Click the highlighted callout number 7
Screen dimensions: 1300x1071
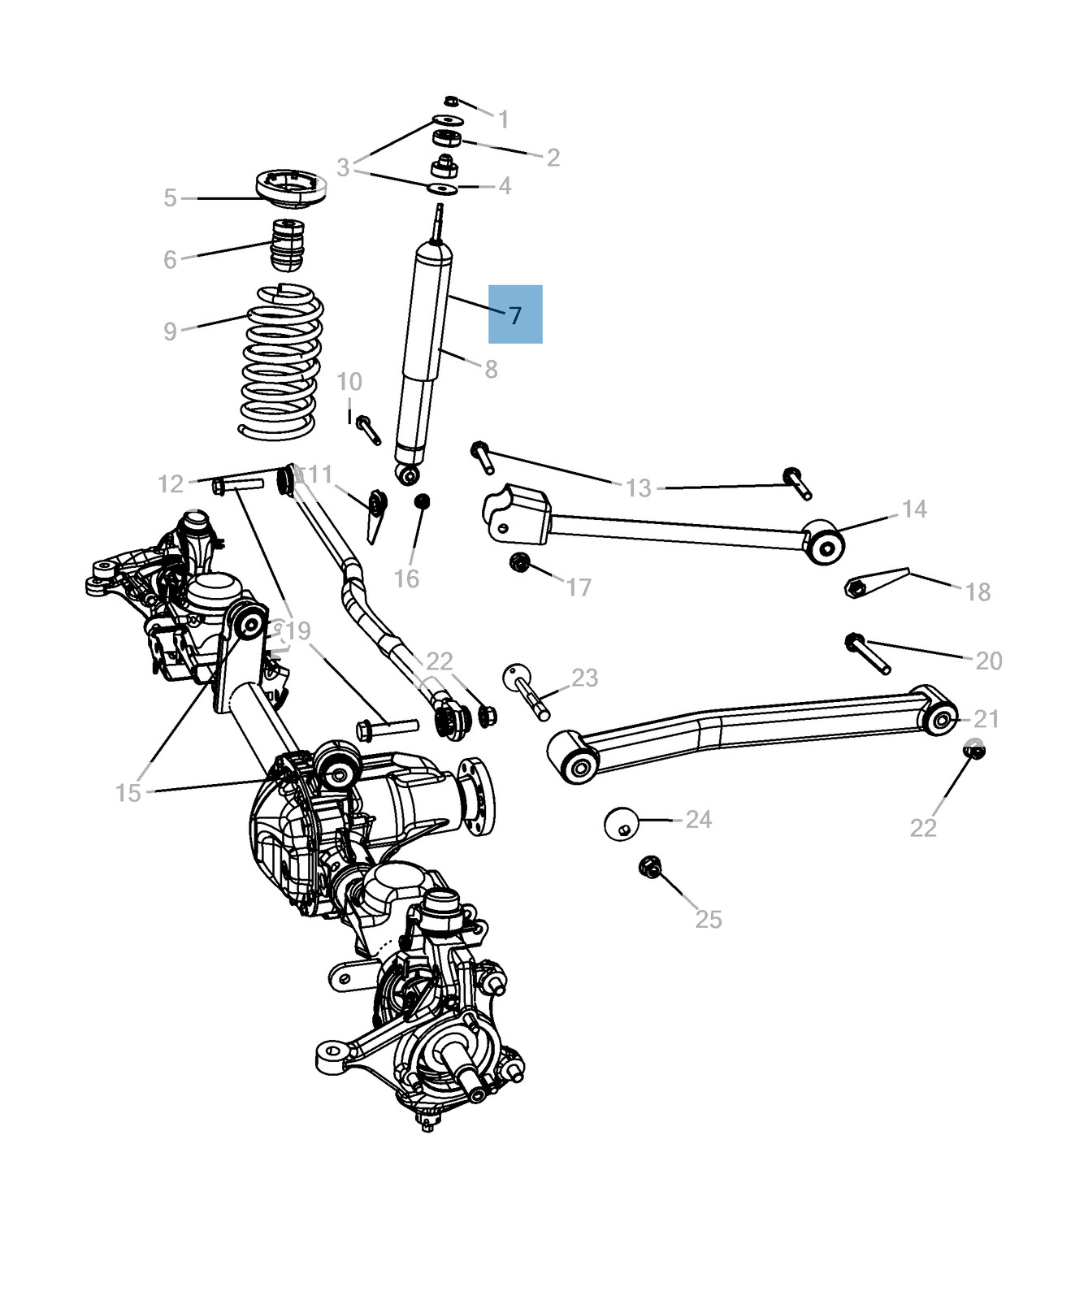click(515, 314)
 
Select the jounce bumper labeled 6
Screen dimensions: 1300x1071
click(287, 245)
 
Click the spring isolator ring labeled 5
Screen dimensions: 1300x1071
click(291, 189)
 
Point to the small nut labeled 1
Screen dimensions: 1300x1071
click(452, 101)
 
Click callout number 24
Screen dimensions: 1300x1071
click(698, 819)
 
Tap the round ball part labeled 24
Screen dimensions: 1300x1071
click(622, 823)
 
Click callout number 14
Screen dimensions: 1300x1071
click(914, 509)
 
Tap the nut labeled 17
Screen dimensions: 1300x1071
click(519, 562)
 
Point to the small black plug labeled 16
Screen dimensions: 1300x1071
click(422, 501)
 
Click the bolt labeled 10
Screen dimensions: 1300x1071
click(368, 428)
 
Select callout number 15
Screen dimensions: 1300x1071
click(128, 792)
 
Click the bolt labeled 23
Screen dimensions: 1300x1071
click(527, 690)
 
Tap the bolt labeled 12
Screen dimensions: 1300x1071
click(238, 485)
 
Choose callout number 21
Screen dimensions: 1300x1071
click(986, 718)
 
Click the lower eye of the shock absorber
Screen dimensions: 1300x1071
click(408, 474)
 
